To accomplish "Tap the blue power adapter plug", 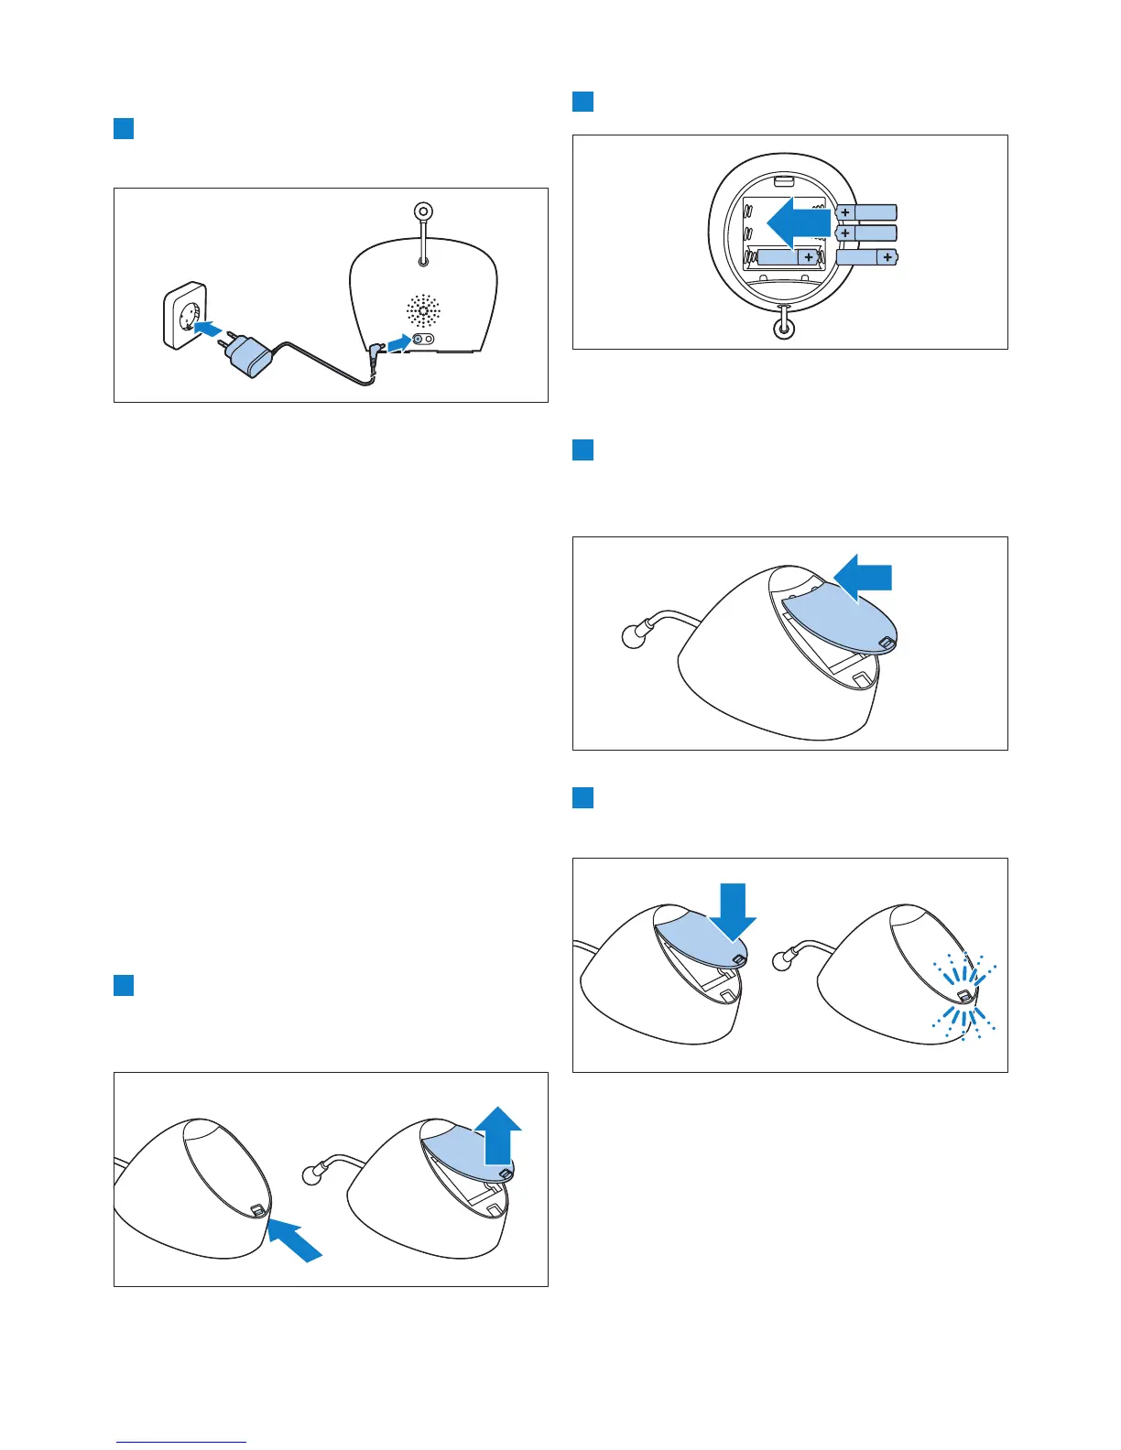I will pos(249,354).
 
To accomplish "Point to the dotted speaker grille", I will pos(423,311).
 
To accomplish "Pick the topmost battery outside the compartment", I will pos(865,212).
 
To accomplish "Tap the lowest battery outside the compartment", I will pos(866,258).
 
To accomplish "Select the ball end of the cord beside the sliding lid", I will pos(633,636).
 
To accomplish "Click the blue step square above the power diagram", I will pos(124,128).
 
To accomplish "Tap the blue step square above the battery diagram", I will pos(583,102).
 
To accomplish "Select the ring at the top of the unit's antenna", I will pos(423,212).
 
